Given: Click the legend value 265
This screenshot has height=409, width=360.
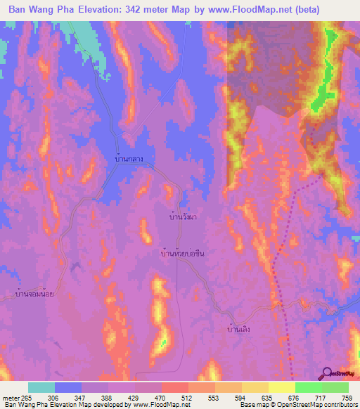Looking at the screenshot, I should click(28, 397).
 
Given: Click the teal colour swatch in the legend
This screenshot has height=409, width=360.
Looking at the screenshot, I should click(41, 387).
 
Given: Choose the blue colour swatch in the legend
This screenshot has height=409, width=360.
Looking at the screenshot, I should click(68, 387).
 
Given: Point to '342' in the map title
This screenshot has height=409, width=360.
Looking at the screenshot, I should click(139, 10).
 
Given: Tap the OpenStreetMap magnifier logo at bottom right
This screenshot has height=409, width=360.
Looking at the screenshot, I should click(328, 373).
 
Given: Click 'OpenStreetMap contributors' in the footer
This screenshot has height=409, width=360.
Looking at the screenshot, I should click(317, 405).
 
